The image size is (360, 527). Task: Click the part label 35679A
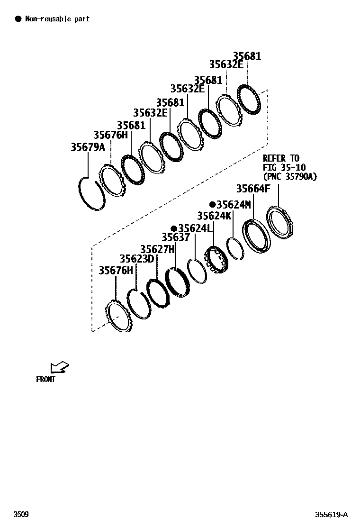pyautogui.click(x=88, y=147)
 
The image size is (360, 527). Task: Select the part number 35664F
pyautogui.click(x=253, y=189)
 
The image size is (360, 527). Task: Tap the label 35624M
pyautogui.click(x=233, y=205)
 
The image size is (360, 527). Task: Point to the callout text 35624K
pyautogui.click(x=214, y=216)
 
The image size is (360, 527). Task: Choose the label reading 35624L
pyautogui.click(x=194, y=228)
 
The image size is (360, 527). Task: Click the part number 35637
pyautogui.click(x=176, y=237)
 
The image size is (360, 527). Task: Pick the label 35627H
pyautogui.click(x=157, y=249)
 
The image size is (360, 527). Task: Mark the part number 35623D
pyautogui.click(x=137, y=259)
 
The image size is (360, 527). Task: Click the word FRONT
pyautogui.click(x=45, y=379)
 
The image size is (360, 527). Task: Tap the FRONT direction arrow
pyautogui.click(x=59, y=367)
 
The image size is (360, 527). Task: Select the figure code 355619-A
pyautogui.click(x=332, y=515)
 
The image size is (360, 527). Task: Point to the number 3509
pyautogui.click(x=20, y=515)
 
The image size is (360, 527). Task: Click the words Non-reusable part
pyautogui.click(x=57, y=19)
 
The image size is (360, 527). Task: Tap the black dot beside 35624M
pyautogui.click(x=213, y=205)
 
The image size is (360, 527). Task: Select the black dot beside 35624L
pyautogui.click(x=174, y=228)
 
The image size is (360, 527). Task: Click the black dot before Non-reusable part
pyautogui.click(x=18, y=19)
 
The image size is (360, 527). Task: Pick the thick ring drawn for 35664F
pyautogui.click(x=256, y=235)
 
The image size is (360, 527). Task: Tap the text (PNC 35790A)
pyautogui.click(x=289, y=177)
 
